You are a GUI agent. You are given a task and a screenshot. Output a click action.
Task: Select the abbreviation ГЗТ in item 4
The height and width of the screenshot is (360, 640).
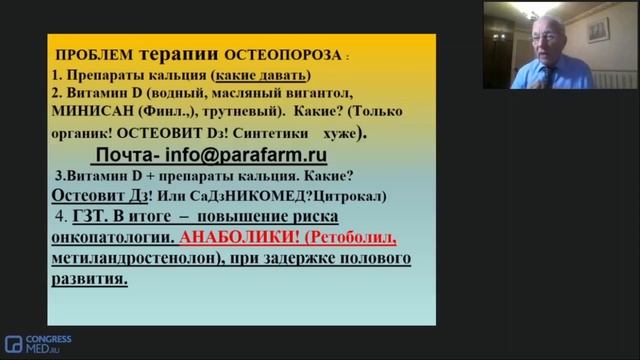point(88,216)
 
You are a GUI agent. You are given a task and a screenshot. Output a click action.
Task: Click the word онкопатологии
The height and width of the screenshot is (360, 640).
point(109,238)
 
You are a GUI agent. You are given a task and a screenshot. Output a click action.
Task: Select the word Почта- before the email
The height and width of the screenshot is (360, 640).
point(126,156)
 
